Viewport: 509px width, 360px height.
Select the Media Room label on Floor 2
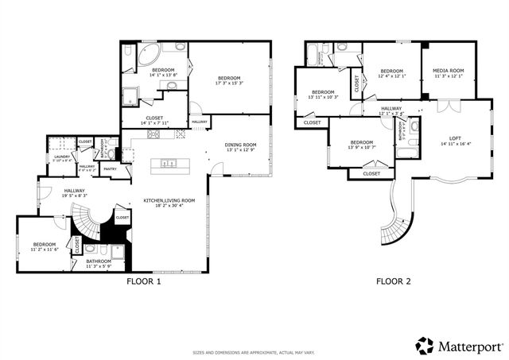(448, 71)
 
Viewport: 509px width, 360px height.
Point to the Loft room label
(455, 139)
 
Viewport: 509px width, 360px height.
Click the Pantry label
(110, 169)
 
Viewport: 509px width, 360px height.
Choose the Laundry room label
(62, 157)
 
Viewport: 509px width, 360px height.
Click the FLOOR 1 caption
(144, 281)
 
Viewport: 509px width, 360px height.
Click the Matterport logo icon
(425, 346)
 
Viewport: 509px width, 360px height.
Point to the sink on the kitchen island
(169, 165)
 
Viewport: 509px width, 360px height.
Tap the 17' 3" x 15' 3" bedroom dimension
(229, 83)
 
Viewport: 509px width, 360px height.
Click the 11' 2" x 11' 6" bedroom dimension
(45, 250)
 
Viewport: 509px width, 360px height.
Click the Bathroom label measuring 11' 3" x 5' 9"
(99, 265)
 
